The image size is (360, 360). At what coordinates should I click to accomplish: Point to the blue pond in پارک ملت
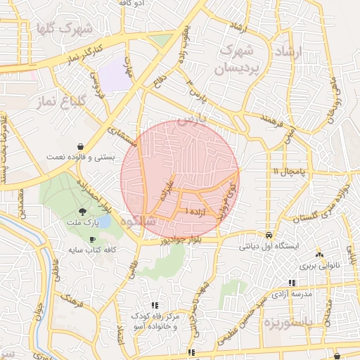click(104, 222)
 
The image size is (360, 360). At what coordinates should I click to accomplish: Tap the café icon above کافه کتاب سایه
click(91, 239)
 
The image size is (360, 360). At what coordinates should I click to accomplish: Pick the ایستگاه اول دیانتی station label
click(270, 247)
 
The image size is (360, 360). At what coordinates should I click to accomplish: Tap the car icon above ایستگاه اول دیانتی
click(269, 235)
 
